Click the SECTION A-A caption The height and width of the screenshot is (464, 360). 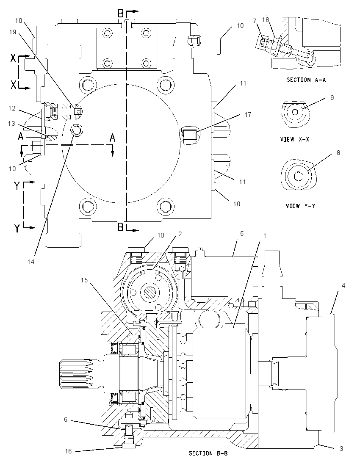[x=306, y=80]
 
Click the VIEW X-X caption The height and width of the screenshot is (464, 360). [x=295, y=139]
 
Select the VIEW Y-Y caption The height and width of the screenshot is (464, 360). [x=300, y=205]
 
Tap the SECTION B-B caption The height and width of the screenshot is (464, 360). [x=208, y=453]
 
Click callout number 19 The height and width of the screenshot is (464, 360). [x=12, y=32]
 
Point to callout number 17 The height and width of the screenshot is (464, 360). [x=248, y=114]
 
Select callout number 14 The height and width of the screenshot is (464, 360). [x=31, y=262]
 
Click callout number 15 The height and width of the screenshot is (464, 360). [x=84, y=280]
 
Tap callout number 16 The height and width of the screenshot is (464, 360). [x=68, y=451]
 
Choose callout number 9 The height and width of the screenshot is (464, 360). [x=332, y=97]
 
